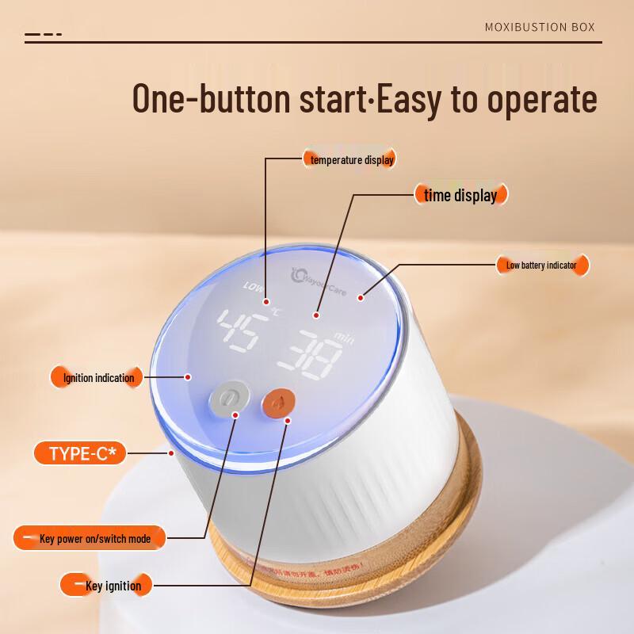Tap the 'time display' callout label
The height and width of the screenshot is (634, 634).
(x=460, y=195)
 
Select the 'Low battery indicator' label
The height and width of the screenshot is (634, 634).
(x=547, y=265)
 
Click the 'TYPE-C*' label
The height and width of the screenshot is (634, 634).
(x=82, y=453)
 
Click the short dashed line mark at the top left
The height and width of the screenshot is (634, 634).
(x=43, y=35)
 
